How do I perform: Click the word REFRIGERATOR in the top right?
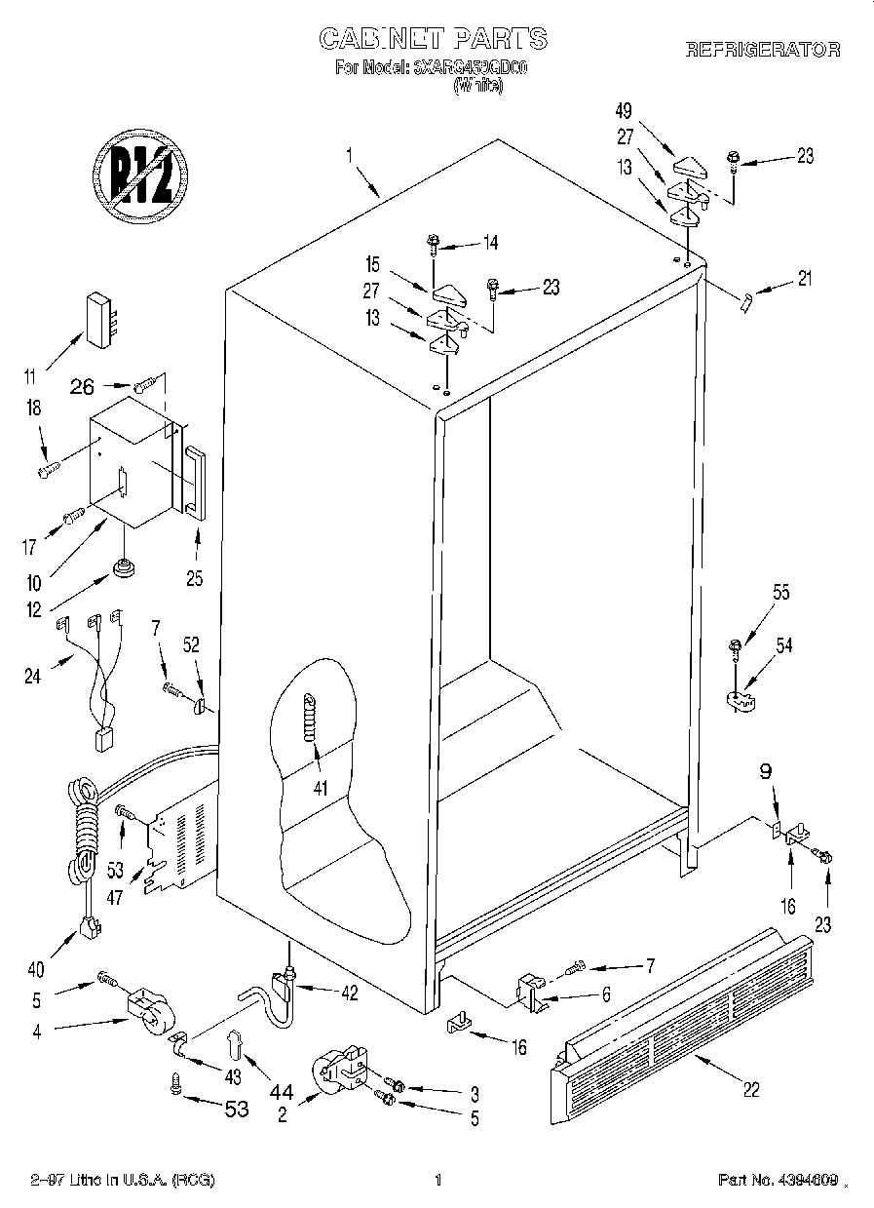tap(763, 50)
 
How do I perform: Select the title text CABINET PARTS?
tap(434, 38)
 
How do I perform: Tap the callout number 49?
tap(625, 109)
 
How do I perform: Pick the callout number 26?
tap(83, 388)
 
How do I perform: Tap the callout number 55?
tap(754, 592)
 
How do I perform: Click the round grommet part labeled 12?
tap(124, 567)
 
